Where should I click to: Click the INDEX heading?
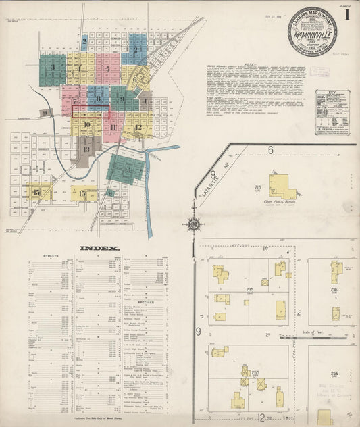pyautogui.click(x=101, y=248)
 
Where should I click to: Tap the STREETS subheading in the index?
pyautogui.click(x=51, y=257)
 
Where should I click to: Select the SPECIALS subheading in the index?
pyautogui.click(x=146, y=302)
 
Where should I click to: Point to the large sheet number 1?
pyautogui.click(x=347, y=14)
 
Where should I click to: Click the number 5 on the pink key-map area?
pyautogui.click(x=107, y=69)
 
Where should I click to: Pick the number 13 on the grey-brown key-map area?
pyautogui.click(x=86, y=149)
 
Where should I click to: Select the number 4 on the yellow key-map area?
pyautogui.click(x=80, y=68)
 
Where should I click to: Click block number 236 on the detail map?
pyautogui.click(x=334, y=290)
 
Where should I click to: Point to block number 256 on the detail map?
pyautogui.click(x=334, y=373)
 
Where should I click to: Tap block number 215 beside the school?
pyautogui.click(x=257, y=186)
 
